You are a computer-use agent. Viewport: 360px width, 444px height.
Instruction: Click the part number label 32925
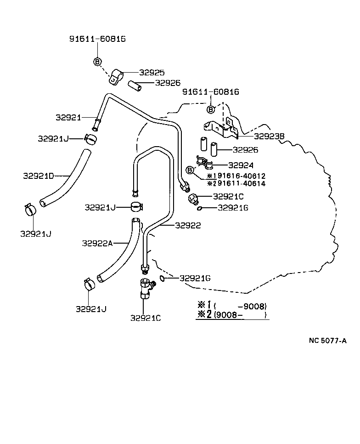pos(152,73)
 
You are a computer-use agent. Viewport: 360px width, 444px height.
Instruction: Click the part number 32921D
pos(39,176)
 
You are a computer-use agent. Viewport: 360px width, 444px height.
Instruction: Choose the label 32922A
pos(97,243)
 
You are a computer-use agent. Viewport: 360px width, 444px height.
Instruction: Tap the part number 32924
pos(241,165)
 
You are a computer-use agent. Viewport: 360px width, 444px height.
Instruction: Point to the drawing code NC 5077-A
pos(327,341)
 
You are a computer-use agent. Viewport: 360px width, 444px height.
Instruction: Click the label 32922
pos(187,225)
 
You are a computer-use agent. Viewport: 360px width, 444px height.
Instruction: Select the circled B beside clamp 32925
pos(97,61)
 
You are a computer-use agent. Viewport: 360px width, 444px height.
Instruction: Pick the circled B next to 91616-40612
pos(189,171)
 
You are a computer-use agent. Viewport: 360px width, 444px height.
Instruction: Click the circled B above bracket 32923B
pos(211,109)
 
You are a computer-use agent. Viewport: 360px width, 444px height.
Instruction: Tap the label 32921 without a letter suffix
pos(68,117)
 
